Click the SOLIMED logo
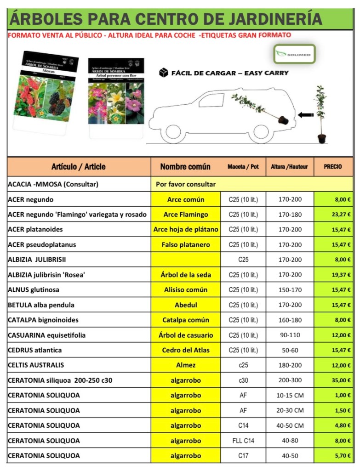point(294,54)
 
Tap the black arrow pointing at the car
point(306,115)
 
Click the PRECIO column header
point(333,167)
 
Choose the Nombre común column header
point(185,167)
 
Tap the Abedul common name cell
point(186,305)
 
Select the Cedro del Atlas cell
point(186,350)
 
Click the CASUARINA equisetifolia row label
point(47,335)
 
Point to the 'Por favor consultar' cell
point(186,184)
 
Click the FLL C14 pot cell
point(243,441)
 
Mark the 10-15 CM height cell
point(290,396)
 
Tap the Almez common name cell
point(186,365)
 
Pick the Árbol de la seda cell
point(186,275)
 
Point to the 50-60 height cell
point(290,350)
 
